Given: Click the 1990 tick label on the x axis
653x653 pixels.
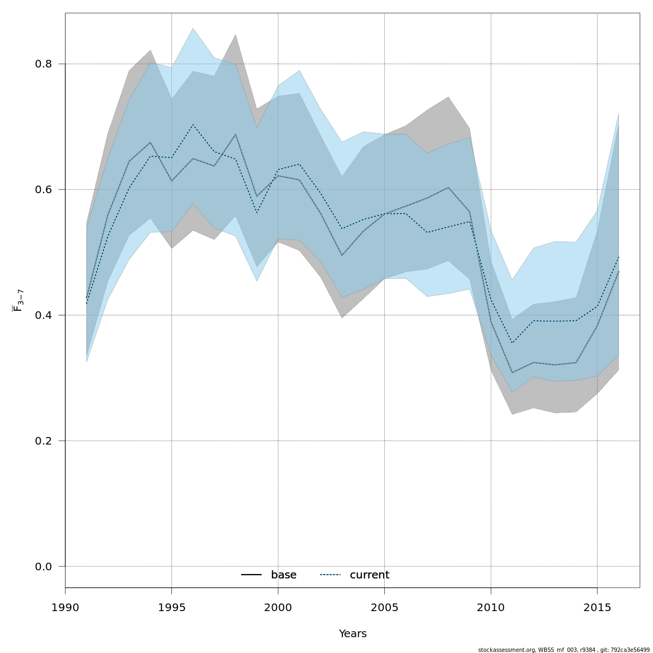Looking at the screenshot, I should (x=65, y=607).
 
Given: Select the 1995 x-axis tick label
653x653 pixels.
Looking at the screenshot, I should (x=171, y=607).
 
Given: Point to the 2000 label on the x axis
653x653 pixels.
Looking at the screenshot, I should (x=278, y=607).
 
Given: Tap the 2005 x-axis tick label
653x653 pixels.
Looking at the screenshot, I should (x=384, y=607).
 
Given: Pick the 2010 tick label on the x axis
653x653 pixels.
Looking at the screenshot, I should (x=491, y=607).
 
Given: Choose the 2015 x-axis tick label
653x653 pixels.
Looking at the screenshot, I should (x=597, y=607).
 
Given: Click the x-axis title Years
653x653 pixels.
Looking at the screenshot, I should (x=353, y=634).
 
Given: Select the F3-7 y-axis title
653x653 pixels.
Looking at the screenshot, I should (x=18, y=300).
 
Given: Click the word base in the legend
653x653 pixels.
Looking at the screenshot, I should (x=284, y=575).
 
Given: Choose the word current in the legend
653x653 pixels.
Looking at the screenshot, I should (x=369, y=575).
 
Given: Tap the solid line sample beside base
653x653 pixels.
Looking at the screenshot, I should (x=251, y=575).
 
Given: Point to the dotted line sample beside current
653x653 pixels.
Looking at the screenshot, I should (x=330, y=575).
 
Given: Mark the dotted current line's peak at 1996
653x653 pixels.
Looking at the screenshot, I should (x=193, y=125).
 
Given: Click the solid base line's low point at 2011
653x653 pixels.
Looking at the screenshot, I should (x=512, y=373).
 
